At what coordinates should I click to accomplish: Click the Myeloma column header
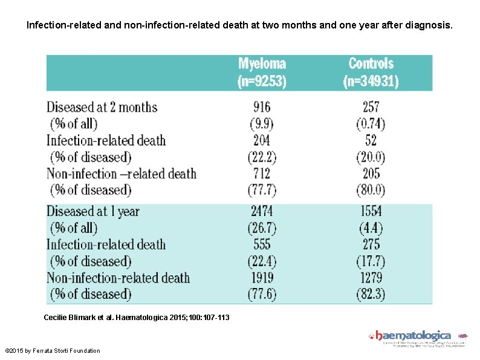click(262, 72)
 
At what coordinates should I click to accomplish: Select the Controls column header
click(371, 72)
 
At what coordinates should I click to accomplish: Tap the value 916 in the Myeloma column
click(262, 107)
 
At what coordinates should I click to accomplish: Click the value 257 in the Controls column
click(371, 107)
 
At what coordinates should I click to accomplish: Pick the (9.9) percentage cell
click(262, 124)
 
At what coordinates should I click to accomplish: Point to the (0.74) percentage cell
click(371, 124)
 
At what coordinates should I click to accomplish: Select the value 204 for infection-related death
click(262, 140)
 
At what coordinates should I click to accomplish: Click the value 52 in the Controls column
click(371, 140)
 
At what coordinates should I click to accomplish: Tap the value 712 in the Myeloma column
click(262, 174)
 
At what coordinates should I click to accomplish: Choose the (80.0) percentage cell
click(371, 190)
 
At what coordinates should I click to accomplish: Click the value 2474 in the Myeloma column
click(262, 212)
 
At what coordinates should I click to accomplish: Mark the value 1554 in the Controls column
click(371, 212)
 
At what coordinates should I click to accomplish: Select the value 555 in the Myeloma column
click(262, 244)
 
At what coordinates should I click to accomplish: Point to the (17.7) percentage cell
click(371, 261)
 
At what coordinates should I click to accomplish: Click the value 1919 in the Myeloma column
click(262, 278)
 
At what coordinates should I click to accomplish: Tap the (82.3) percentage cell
click(371, 294)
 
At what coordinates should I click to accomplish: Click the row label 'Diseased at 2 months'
click(102, 108)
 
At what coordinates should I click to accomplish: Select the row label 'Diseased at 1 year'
click(93, 212)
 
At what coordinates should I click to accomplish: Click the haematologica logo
click(417, 336)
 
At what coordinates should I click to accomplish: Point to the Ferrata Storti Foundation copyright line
click(53, 351)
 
